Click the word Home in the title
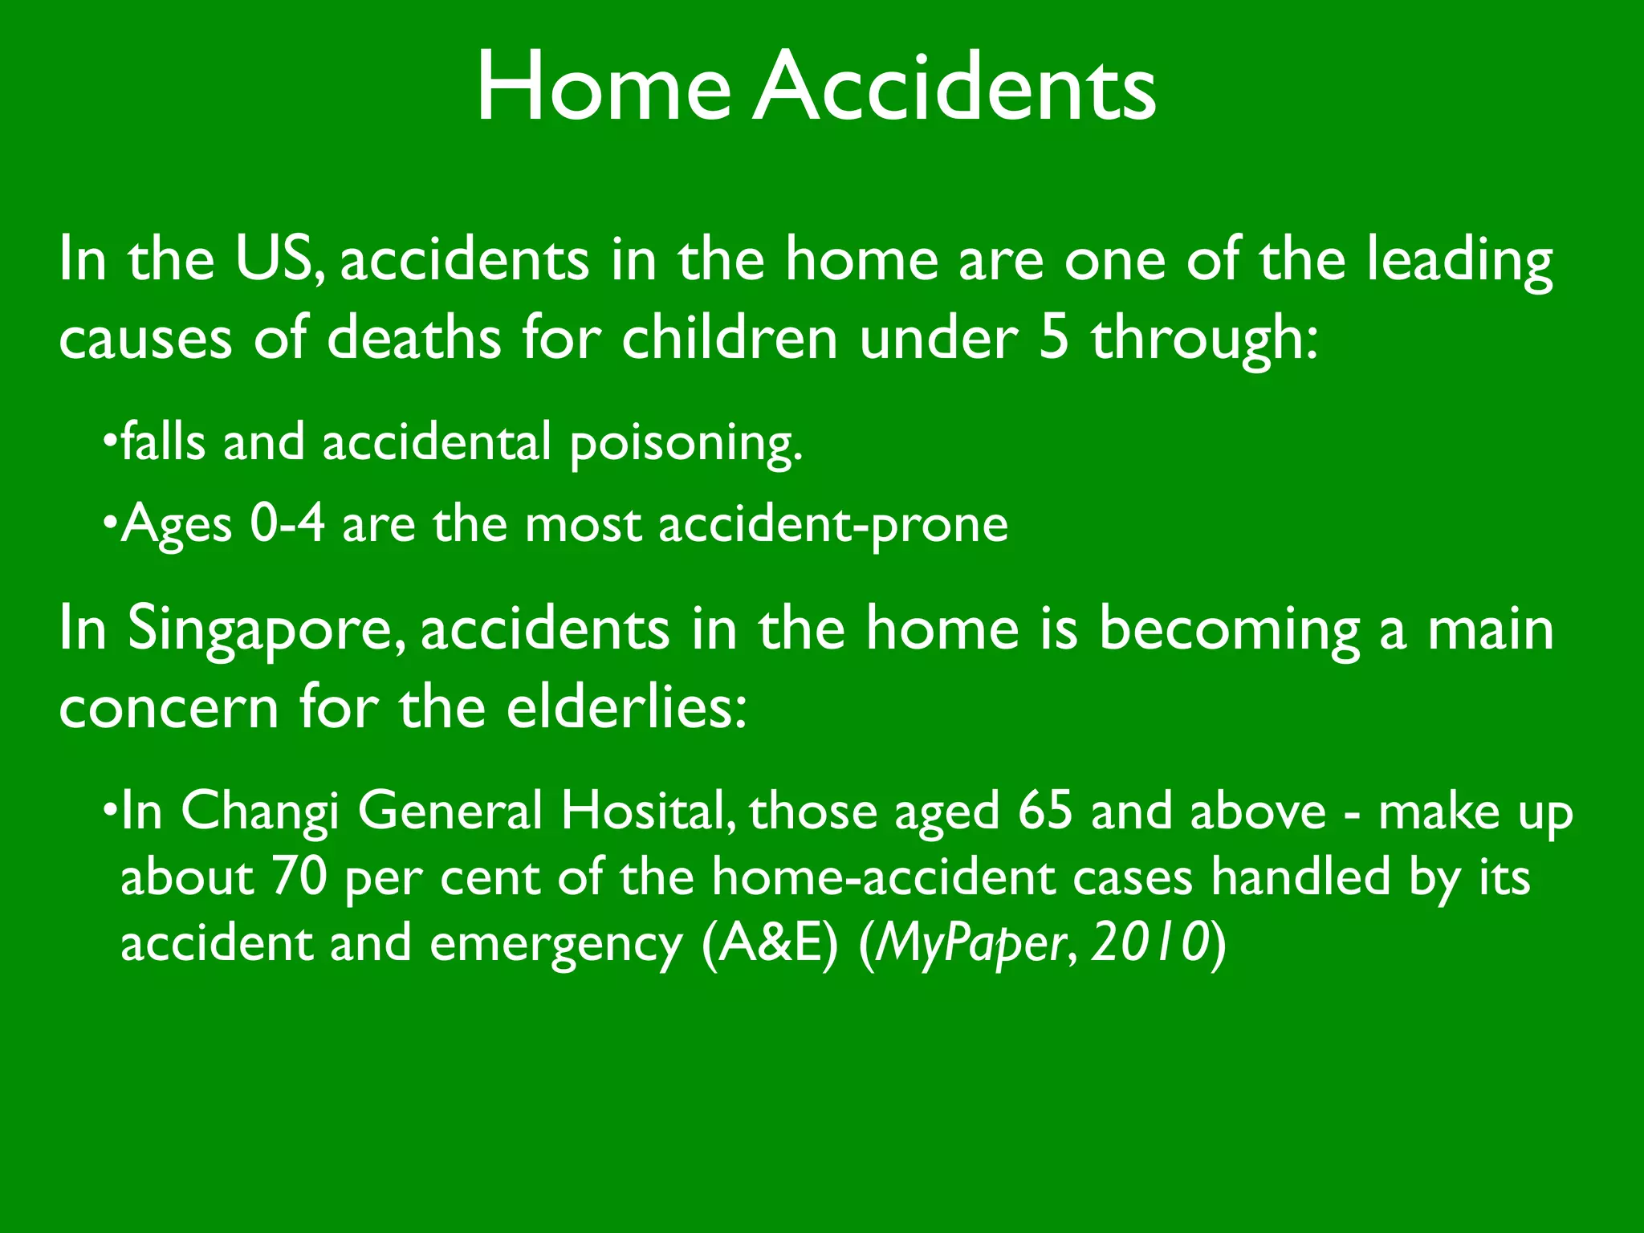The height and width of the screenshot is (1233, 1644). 603,87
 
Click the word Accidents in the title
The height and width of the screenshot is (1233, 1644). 954,87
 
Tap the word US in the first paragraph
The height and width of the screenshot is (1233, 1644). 273,260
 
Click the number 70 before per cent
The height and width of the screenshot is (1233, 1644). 299,877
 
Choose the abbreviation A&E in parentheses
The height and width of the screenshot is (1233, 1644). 770,944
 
